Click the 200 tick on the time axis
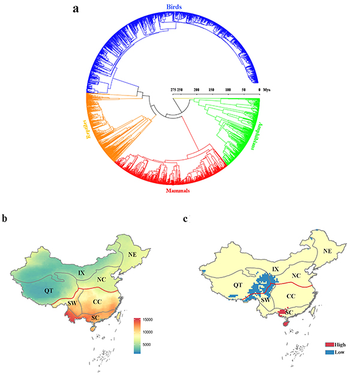197,89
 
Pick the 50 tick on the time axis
244,89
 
